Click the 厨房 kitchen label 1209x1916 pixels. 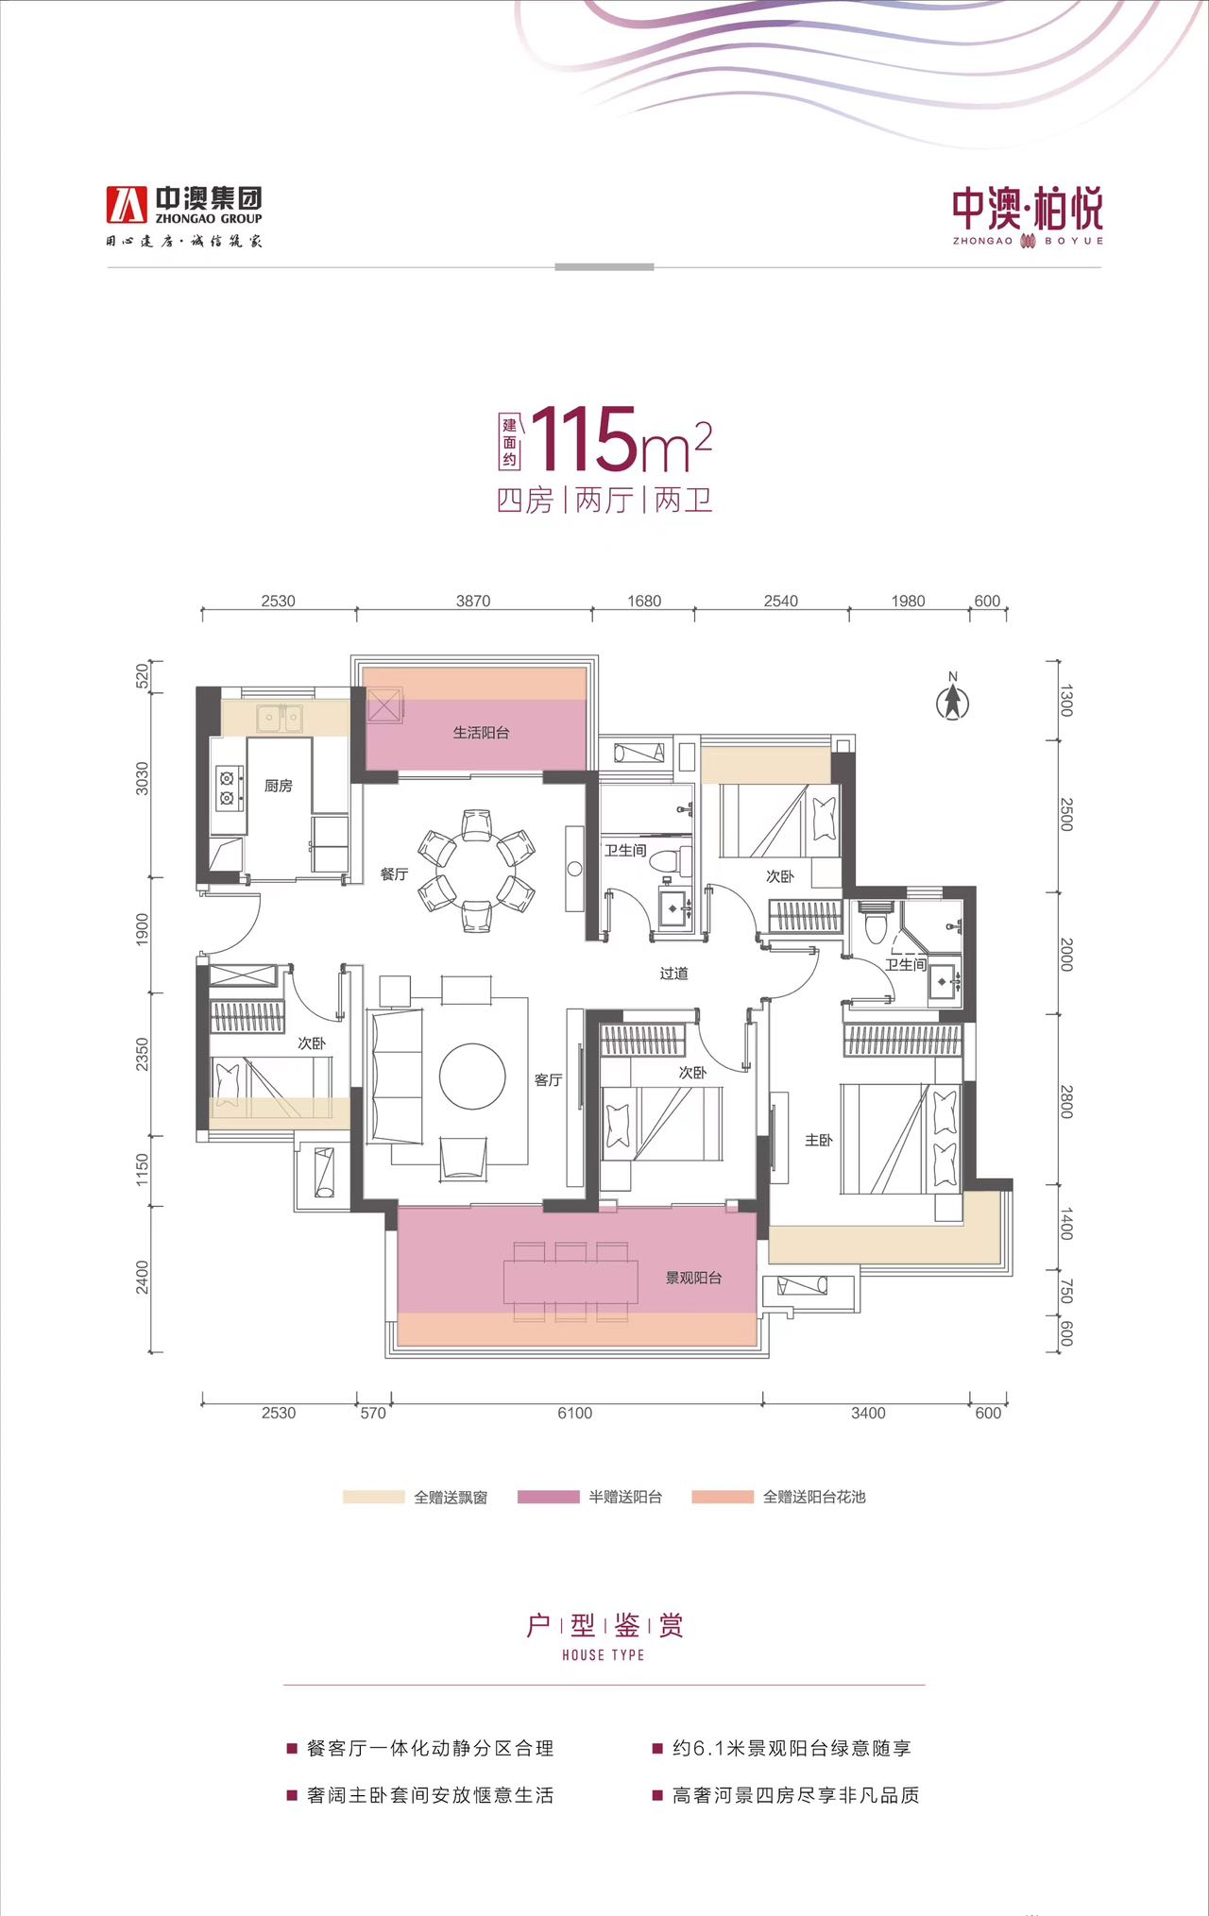click(278, 786)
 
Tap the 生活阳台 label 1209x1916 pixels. click(481, 733)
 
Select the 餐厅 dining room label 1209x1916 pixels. click(394, 874)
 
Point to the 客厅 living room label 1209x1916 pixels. click(548, 1080)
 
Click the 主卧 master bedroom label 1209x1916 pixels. click(818, 1141)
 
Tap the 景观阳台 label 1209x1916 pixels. click(693, 1279)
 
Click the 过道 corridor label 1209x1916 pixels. click(673, 974)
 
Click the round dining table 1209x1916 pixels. click(476, 870)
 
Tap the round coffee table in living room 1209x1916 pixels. click(472, 1077)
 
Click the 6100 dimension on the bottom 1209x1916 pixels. click(574, 1414)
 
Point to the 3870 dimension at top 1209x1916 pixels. click(473, 602)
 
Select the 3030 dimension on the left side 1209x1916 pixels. click(143, 779)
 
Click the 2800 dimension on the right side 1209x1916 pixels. click(1066, 1102)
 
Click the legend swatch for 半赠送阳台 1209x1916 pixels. click(548, 1497)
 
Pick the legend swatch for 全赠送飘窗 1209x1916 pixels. click(373, 1497)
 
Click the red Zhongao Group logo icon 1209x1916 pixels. click(127, 204)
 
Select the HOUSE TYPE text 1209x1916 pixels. click(603, 1655)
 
